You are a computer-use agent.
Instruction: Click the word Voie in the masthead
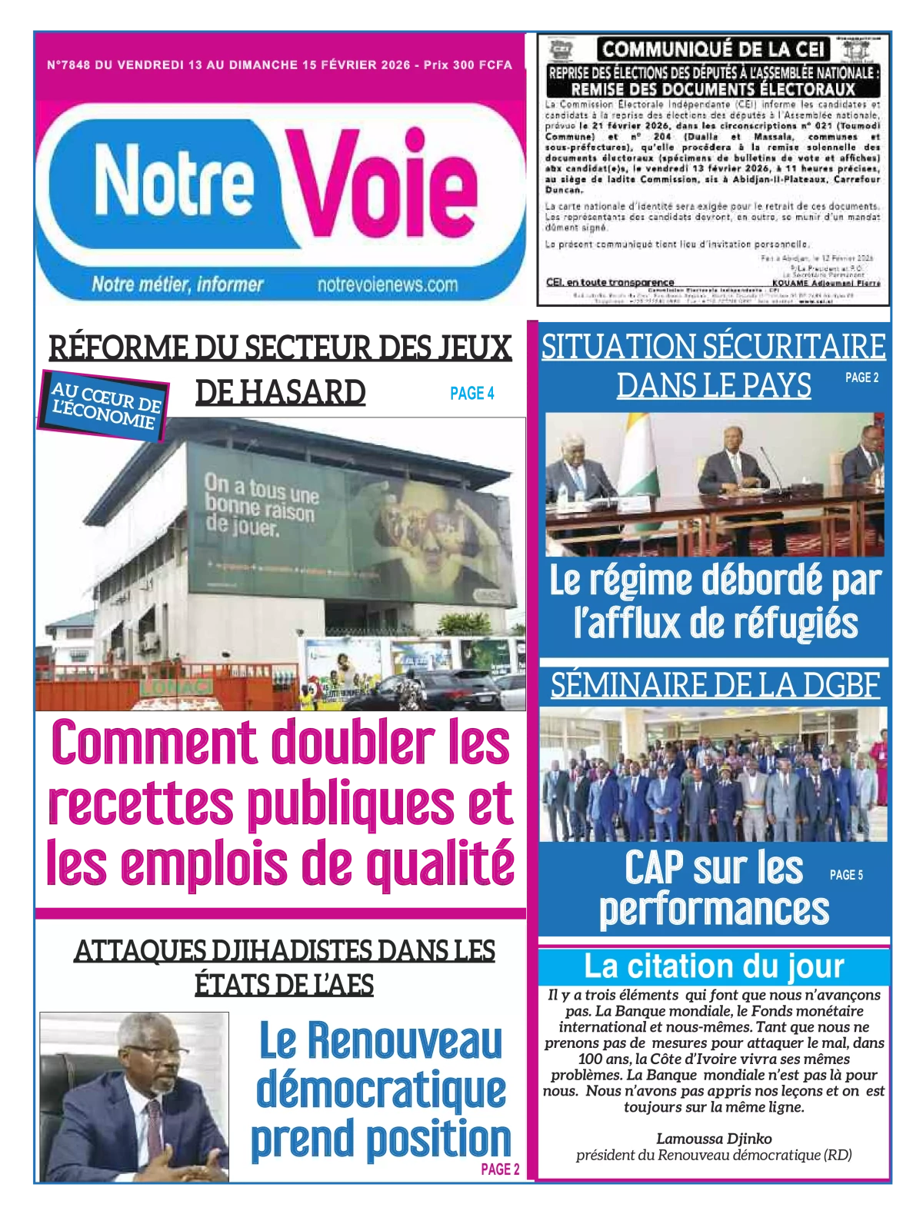click(382, 183)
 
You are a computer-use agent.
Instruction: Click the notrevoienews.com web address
click(388, 285)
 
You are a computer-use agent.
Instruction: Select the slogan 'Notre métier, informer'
click(178, 284)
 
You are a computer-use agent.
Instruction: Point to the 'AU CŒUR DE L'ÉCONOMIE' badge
click(105, 407)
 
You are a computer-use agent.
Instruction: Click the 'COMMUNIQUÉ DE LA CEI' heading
click(713, 49)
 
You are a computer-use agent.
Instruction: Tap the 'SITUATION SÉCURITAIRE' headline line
click(713, 347)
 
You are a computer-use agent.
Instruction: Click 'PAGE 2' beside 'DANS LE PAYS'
click(861, 378)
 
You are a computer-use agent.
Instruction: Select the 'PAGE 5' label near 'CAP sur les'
click(846, 875)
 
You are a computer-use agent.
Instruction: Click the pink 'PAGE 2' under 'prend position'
click(500, 1169)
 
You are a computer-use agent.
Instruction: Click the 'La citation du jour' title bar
click(713, 966)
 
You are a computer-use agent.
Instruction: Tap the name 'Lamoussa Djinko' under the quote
click(714, 1139)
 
